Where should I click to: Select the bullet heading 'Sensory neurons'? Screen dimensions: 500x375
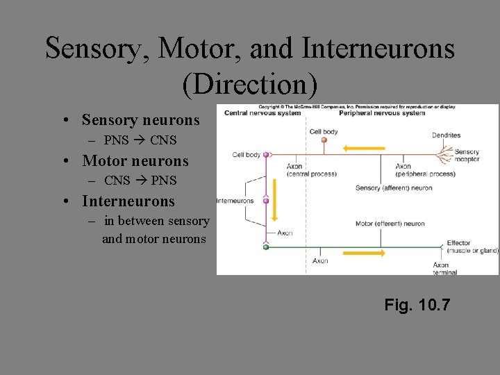click(x=140, y=120)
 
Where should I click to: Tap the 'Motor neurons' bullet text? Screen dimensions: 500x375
click(x=135, y=161)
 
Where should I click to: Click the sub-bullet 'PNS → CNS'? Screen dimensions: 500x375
click(x=140, y=140)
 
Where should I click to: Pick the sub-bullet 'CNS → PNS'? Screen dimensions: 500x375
click(x=140, y=181)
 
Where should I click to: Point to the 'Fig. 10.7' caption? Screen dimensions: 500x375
click(x=417, y=304)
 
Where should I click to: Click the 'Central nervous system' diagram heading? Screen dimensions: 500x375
click(x=254, y=113)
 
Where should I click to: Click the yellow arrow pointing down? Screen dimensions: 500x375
click(x=274, y=201)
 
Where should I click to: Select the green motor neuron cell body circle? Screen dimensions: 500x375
click(x=265, y=247)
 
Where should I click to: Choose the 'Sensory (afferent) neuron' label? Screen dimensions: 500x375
click(x=393, y=187)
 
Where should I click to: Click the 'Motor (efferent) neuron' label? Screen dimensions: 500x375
click(x=390, y=224)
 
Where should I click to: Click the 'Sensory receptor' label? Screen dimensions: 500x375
click(x=467, y=155)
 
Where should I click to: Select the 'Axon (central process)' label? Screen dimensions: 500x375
click(x=311, y=169)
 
